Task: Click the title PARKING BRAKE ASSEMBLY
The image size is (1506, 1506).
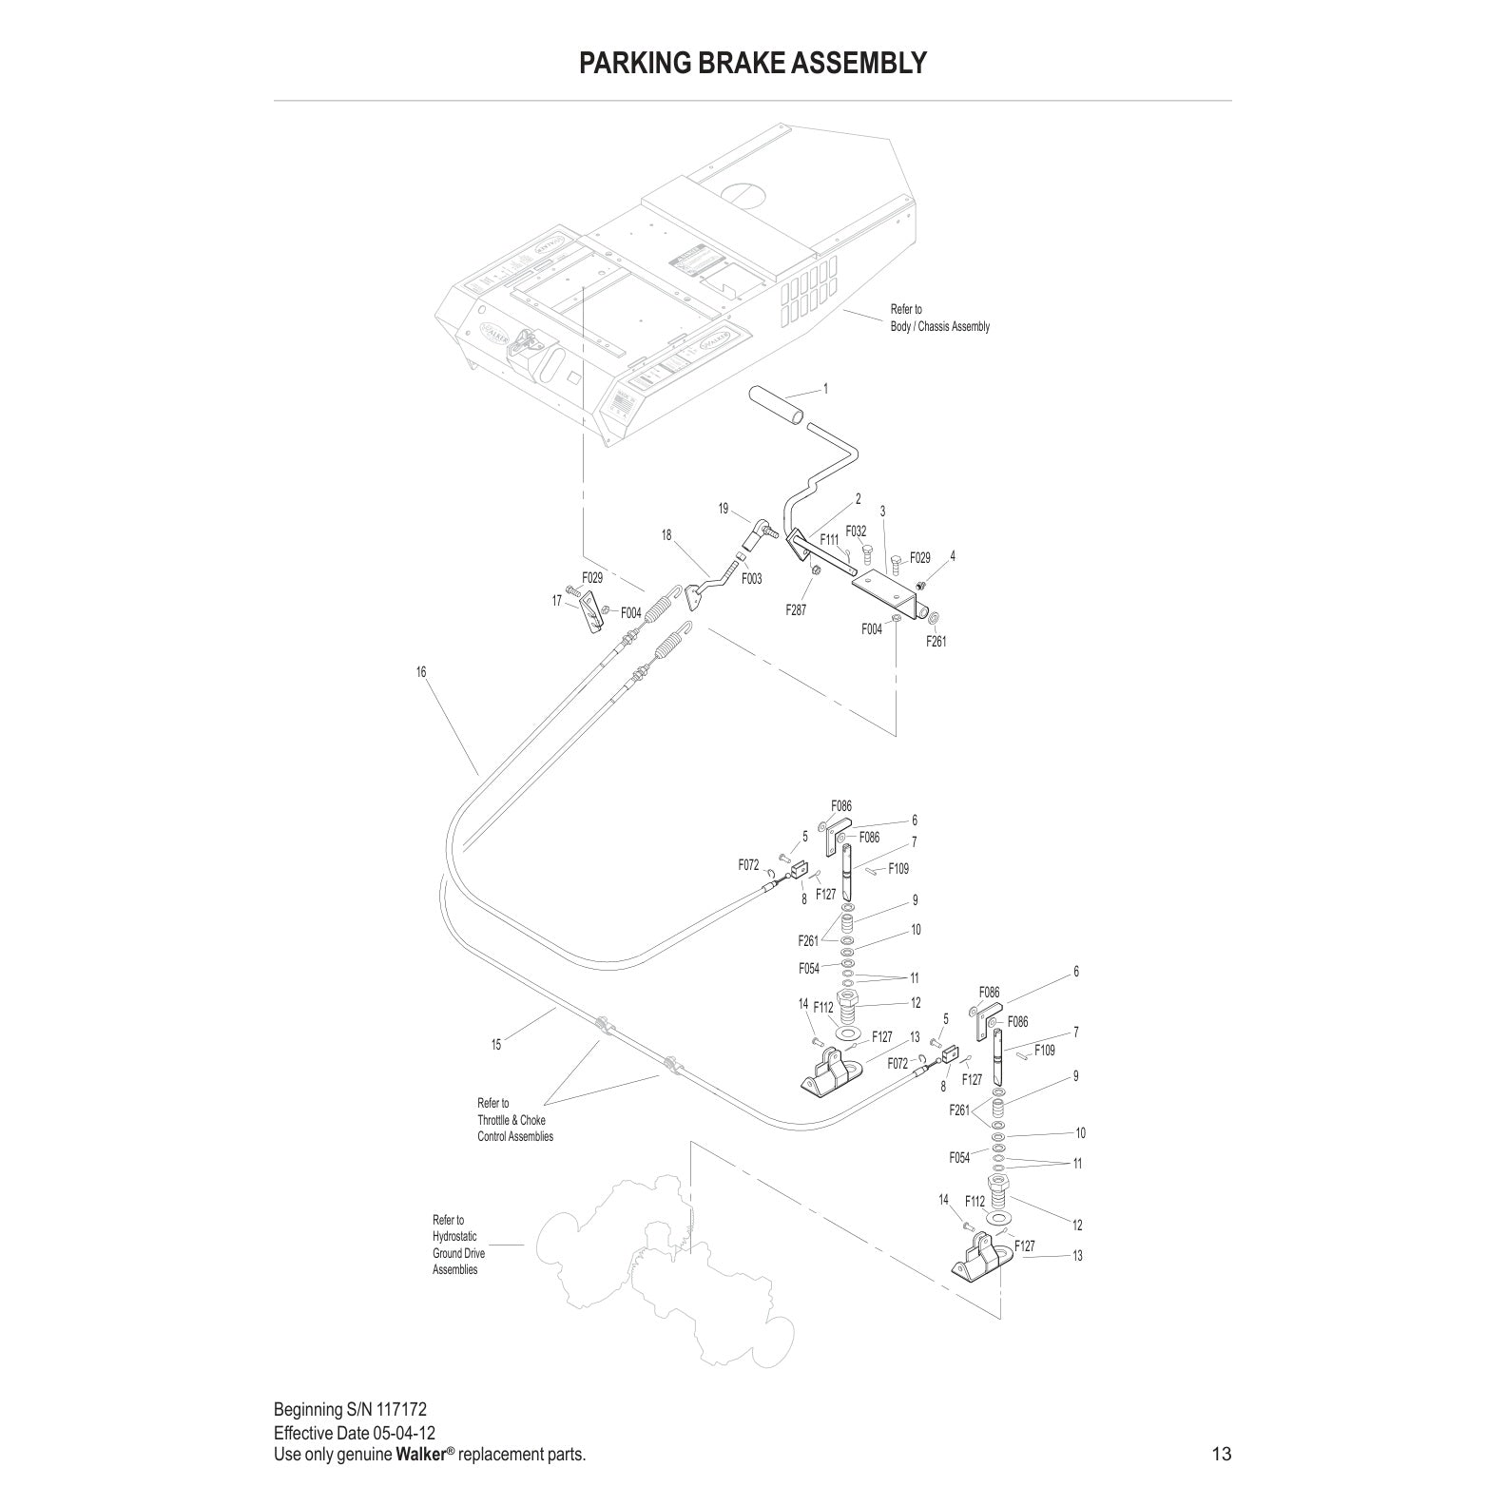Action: pos(752,63)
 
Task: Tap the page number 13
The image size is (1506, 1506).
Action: pos(1221,1454)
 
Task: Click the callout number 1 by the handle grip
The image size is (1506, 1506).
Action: pos(825,389)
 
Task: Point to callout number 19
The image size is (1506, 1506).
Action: pos(724,509)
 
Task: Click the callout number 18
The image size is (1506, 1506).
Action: pos(666,535)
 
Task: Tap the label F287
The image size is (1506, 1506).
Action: pos(796,610)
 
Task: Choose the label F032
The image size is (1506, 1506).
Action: pos(856,531)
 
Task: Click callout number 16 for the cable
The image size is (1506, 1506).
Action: pos(421,672)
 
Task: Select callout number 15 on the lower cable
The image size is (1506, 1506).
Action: pos(496,1045)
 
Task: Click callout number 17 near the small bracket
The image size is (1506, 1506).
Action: pos(557,601)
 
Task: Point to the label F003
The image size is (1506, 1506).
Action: pos(751,578)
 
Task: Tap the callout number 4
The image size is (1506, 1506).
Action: pos(953,555)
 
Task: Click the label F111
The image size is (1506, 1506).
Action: pos(830,539)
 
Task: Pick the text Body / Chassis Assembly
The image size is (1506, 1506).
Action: pos(939,327)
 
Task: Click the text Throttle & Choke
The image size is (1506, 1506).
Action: pos(512,1120)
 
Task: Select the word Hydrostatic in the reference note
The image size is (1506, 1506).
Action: pos(454,1237)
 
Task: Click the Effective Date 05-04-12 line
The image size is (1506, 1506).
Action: pos(355,1433)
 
